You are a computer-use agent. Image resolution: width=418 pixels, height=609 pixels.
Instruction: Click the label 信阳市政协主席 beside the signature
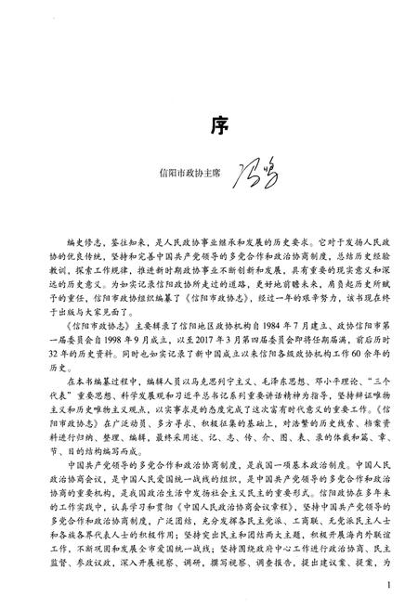pyautogui.click(x=193, y=174)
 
